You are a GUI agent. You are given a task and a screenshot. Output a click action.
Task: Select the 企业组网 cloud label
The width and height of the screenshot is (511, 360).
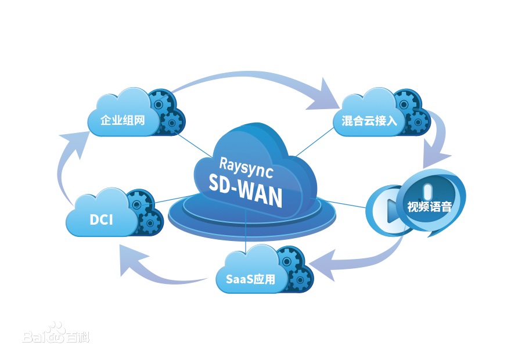coord(122,120)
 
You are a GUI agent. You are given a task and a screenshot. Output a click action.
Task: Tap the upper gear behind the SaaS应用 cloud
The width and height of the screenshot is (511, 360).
coord(289,259)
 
